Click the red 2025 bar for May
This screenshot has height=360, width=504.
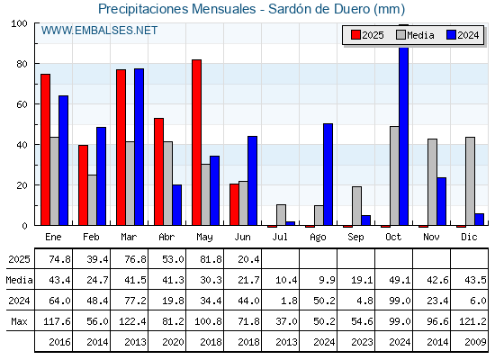point(197,142)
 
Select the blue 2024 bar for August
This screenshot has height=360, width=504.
point(328,175)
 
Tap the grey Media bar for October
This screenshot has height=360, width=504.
point(394,175)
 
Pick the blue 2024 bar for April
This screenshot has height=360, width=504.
point(176,205)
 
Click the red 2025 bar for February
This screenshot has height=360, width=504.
point(83,185)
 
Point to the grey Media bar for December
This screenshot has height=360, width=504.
point(470,181)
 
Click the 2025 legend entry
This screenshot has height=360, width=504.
point(367,35)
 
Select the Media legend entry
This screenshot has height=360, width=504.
point(415,35)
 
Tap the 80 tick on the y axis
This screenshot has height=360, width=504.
point(22,64)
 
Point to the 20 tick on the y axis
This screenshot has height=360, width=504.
point(22,185)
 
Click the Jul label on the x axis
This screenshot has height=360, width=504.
point(280,238)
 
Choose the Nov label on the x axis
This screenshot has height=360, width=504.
point(431,238)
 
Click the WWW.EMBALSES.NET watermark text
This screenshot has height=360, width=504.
point(99,31)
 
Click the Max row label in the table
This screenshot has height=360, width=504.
point(19,321)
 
